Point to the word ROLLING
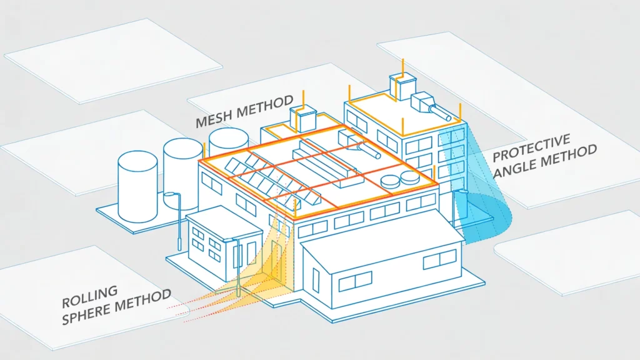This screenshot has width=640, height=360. click(x=90, y=297)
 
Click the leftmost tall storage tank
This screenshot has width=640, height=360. click(x=137, y=186)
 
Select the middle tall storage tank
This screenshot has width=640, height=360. click(x=182, y=171)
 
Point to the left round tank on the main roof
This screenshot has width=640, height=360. click(x=390, y=181)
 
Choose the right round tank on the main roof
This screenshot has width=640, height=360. click(x=409, y=177)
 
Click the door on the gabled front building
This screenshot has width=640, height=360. click(x=316, y=280)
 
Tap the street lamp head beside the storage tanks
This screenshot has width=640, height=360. click(x=170, y=194)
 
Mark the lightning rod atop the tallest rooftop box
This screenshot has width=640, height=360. click(x=403, y=67)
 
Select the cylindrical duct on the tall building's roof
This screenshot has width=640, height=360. click(x=439, y=112)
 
